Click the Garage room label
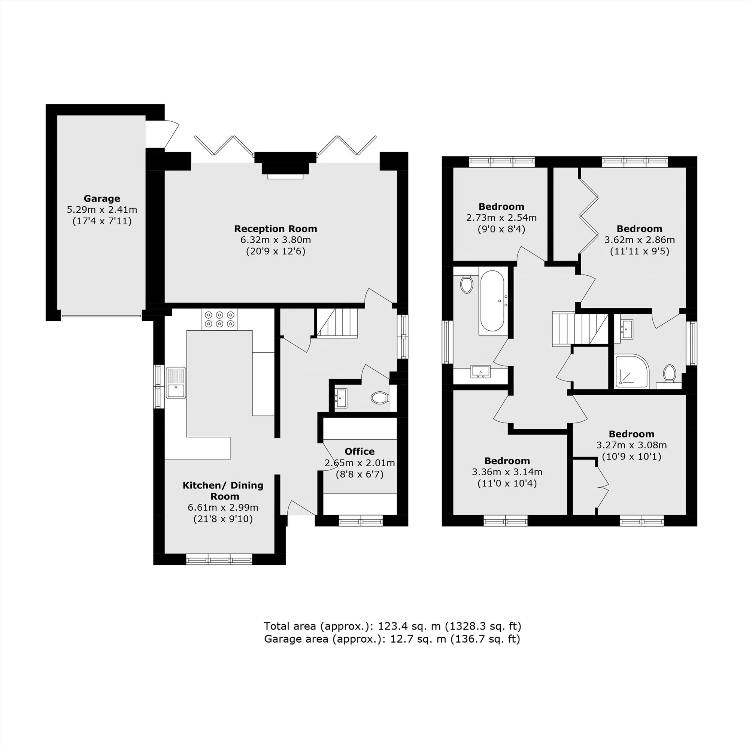(x=102, y=198)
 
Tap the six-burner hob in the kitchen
(x=219, y=319)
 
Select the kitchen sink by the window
(x=176, y=383)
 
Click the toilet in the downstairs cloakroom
(x=379, y=397)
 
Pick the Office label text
(x=360, y=451)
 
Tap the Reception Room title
(x=276, y=229)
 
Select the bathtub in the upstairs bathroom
(x=492, y=301)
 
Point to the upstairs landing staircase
(x=580, y=329)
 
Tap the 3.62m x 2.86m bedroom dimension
(x=640, y=240)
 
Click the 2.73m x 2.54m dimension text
(x=501, y=218)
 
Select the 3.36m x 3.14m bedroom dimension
(x=507, y=472)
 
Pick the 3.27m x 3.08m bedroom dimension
(x=631, y=445)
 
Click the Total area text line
(x=392, y=626)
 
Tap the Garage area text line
(x=392, y=639)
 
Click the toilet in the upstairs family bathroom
(x=467, y=284)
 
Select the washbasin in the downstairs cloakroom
(x=341, y=398)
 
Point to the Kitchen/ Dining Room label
(x=223, y=491)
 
